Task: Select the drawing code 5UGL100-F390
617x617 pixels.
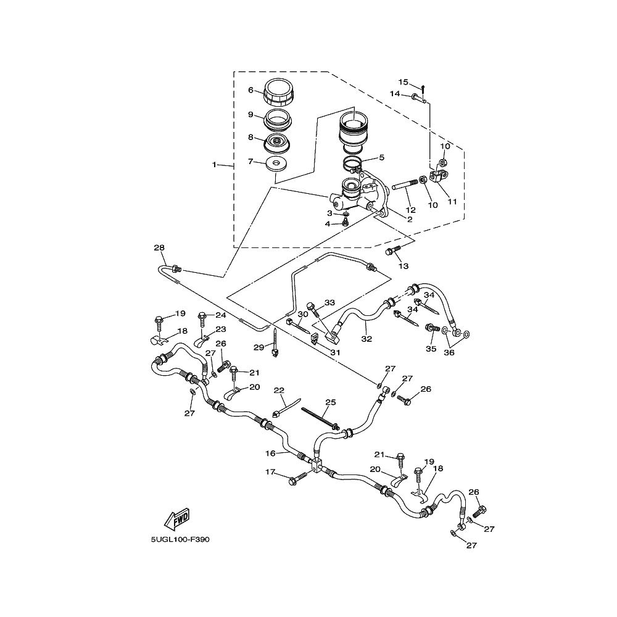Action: [x=180, y=539]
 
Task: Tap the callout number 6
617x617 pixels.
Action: [x=251, y=90]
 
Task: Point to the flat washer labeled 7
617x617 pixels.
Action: [x=277, y=164]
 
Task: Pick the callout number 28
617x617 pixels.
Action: [x=159, y=247]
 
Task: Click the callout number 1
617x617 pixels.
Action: [x=215, y=165]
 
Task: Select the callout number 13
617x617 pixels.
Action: [x=404, y=266]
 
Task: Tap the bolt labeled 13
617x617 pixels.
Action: [x=392, y=251]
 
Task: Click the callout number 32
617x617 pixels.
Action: [x=366, y=338]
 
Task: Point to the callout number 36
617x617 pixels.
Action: [x=449, y=352]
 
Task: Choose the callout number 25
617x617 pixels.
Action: [x=331, y=402]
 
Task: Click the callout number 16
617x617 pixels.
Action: [x=270, y=453]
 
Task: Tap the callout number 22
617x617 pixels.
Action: [x=279, y=391]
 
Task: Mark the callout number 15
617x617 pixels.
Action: [x=404, y=82]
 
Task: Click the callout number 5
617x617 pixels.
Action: [x=381, y=157]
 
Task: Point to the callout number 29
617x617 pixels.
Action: [x=259, y=347]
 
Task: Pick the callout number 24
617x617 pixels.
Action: [x=221, y=315]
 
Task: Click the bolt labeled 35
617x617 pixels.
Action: [x=432, y=328]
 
